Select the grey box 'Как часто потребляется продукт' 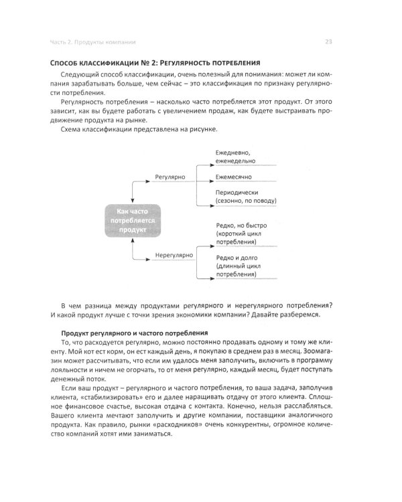[x=132, y=220]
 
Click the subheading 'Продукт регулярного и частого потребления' [x=134, y=333]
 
